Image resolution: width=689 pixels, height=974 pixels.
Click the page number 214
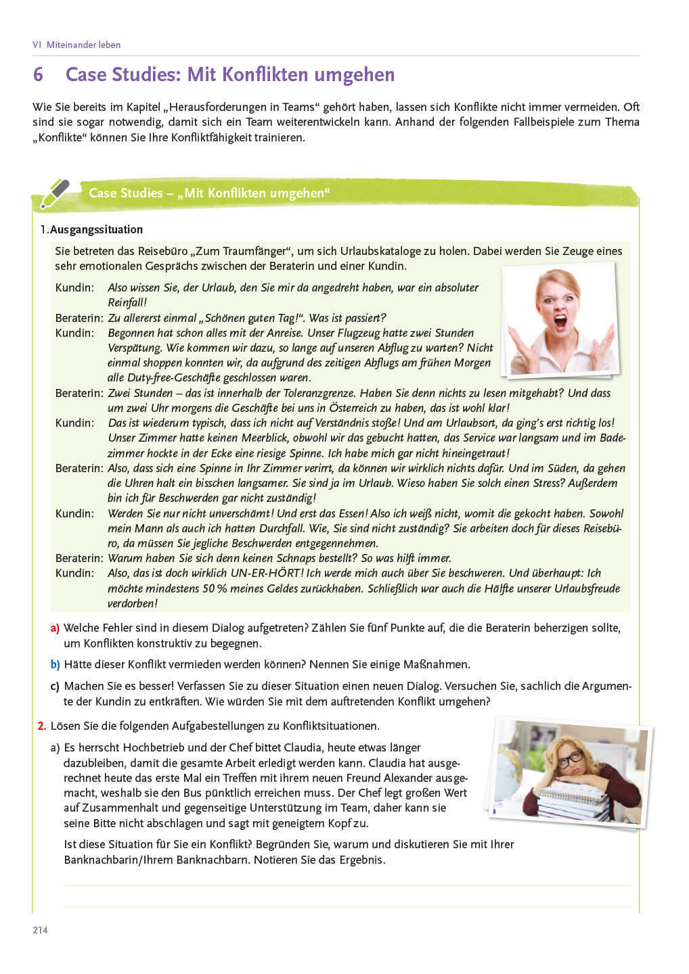pos(40,930)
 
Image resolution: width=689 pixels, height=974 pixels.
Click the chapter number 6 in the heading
pos(38,74)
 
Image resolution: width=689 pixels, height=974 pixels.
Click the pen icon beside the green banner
pos(54,193)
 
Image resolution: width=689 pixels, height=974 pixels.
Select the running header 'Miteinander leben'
pos(83,45)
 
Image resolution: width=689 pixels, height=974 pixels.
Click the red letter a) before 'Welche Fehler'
pos(55,628)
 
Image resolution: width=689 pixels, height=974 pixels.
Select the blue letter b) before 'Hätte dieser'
pos(55,664)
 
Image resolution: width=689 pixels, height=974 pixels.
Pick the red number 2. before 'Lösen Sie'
pos(41,726)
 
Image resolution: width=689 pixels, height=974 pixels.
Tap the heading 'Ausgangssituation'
pos(96,229)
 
